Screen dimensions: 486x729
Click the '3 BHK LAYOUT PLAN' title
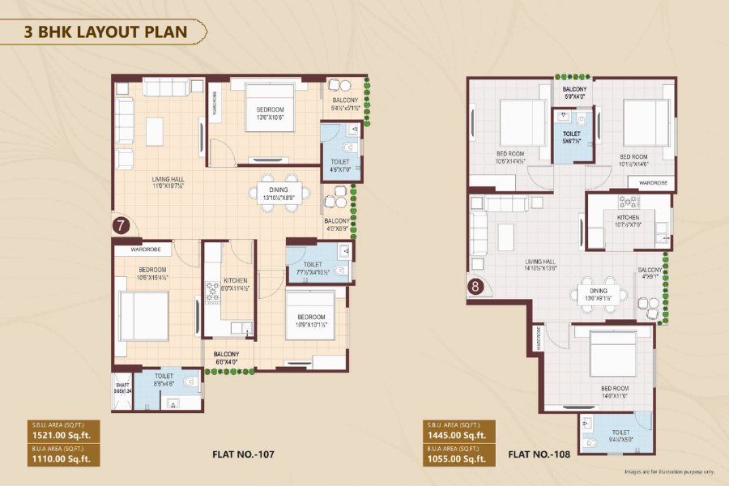click(x=107, y=32)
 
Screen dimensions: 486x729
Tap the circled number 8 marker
click(x=475, y=285)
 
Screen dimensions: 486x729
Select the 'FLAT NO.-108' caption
click(x=540, y=454)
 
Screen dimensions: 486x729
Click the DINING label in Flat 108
click(x=598, y=290)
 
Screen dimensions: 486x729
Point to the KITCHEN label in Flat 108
click(x=628, y=218)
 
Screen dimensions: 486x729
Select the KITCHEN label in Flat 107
click(x=235, y=280)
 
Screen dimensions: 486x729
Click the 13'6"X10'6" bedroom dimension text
click(x=270, y=117)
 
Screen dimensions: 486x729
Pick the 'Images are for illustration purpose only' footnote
click(x=669, y=471)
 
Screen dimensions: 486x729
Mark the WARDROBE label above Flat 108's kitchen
click(x=652, y=183)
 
